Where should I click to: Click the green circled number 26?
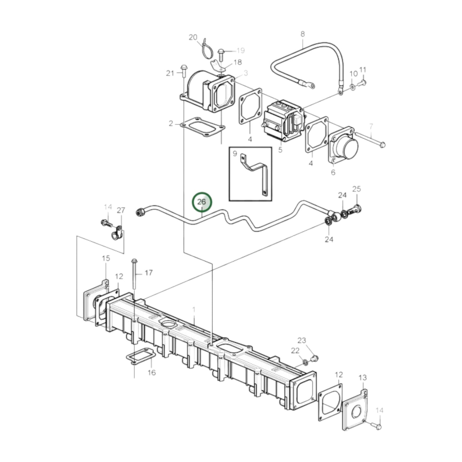click(x=202, y=202)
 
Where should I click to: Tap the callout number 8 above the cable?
click(x=302, y=34)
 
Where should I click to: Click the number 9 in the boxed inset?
click(x=235, y=154)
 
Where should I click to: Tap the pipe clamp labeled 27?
click(x=117, y=233)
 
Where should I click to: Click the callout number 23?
click(x=301, y=340)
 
